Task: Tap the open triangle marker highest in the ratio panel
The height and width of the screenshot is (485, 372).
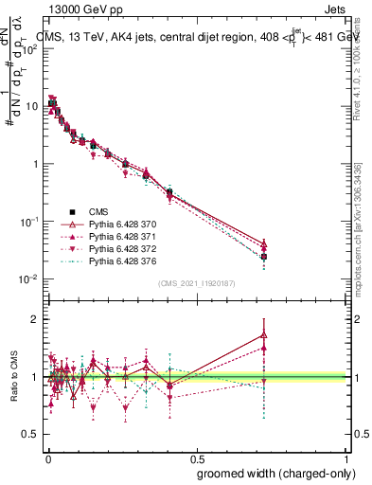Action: [x=263, y=334]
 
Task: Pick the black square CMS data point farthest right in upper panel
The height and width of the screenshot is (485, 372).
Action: [x=263, y=257]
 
